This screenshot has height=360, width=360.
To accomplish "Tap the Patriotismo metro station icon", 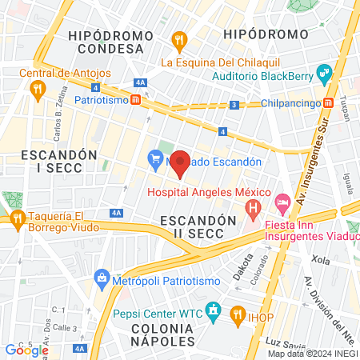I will (137, 101).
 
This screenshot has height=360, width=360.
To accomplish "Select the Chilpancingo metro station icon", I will (328, 103).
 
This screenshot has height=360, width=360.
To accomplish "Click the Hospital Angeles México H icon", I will (254, 210).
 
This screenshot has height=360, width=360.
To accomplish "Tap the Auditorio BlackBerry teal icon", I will (324, 76).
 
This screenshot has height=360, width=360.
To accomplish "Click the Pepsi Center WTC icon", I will (213, 309).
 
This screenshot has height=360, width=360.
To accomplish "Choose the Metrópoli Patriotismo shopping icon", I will (102, 278).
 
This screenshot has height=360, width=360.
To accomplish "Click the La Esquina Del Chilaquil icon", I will (180, 38).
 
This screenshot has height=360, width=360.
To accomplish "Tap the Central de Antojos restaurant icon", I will (36, 90).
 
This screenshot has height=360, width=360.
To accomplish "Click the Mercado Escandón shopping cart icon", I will (155, 161).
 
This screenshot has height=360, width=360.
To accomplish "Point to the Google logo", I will (26, 350).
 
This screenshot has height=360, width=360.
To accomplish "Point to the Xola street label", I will (321, 261).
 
